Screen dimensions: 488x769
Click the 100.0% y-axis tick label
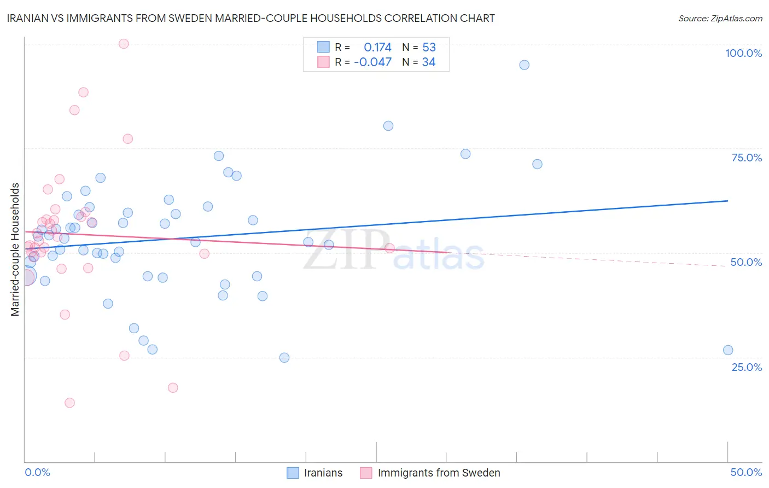click(x=743, y=53)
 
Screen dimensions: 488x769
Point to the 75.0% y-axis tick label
click(x=747, y=158)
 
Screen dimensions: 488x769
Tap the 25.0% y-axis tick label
click(x=747, y=367)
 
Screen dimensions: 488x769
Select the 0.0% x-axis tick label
click(x=37, y=472)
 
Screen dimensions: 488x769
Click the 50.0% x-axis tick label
click(x=746, y=472)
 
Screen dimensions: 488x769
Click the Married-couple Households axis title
click(x=15, y=249)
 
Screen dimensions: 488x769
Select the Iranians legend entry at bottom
click(x=315, y=473)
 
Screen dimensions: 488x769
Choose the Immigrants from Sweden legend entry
click(x=430, y=473)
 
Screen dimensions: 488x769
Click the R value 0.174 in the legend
click(x=377, y=48)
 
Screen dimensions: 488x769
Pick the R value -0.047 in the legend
click(x=373, y=62)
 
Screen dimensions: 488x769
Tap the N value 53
click(x=429, y=48)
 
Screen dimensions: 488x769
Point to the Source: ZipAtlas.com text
click(x=720, y=19)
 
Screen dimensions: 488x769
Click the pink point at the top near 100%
click(x=124, y=44)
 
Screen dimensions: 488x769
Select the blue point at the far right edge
click(x=728, y=350)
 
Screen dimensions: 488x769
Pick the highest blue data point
click(x=524, y=65)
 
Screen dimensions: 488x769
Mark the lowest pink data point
click(x=69, y=403)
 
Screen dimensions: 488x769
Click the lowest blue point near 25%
click(x=284, y=358)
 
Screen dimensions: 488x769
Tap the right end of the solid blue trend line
click(x=728, y=201)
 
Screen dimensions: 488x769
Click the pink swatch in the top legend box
click(x=323, y=62)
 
